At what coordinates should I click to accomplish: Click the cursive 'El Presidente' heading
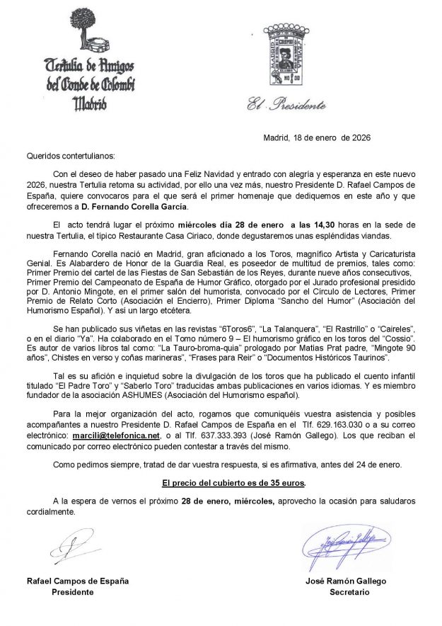[x=286, y=106]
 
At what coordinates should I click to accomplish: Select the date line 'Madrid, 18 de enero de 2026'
[x=317, y=138]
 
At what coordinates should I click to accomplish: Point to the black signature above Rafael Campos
[x=74, y=547]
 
